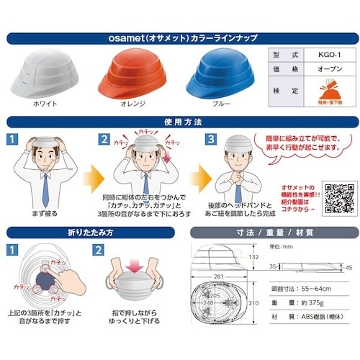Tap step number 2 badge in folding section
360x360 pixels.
click(x=98, y=251)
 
